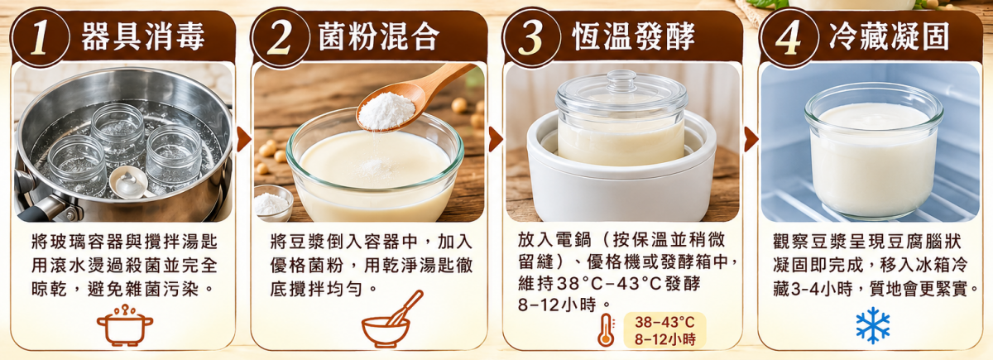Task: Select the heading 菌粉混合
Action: point(379,36)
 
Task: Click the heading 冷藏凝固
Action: point(890,36)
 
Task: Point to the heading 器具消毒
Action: point(142,36)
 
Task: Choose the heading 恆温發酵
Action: point(634,36)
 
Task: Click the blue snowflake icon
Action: point(873,325)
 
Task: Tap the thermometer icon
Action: point(606,330)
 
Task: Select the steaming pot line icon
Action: point(125,325)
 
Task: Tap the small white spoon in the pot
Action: point(129,183)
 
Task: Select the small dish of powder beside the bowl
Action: point(272,203)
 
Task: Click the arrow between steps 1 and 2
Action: point(243,139)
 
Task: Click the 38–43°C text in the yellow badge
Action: point(664,322)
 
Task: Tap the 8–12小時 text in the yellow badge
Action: point(664,339)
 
